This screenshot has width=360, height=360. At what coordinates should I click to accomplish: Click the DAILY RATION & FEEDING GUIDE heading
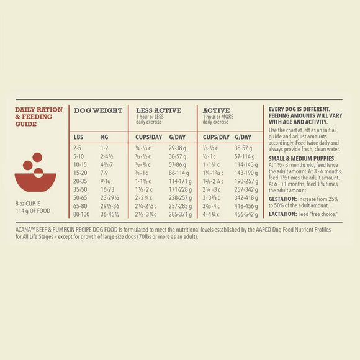(38, 116)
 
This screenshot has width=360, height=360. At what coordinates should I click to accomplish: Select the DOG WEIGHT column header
(98, 110)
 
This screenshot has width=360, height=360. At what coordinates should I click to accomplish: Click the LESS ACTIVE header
(158, 110)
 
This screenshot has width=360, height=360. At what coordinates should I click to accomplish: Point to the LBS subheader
(78, 137)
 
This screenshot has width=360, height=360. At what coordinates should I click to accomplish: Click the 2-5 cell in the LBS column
(77, 148)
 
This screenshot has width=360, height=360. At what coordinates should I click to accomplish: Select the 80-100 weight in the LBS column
(81, 214)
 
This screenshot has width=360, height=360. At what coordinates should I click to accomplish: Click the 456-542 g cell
(246, 214)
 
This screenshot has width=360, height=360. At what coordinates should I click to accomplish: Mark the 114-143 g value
(246, 166)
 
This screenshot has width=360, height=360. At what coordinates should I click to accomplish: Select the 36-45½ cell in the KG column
(110, 214)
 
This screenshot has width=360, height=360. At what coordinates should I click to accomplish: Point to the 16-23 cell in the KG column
(107, 189)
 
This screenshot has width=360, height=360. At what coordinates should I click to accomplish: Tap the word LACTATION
(282, 213)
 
